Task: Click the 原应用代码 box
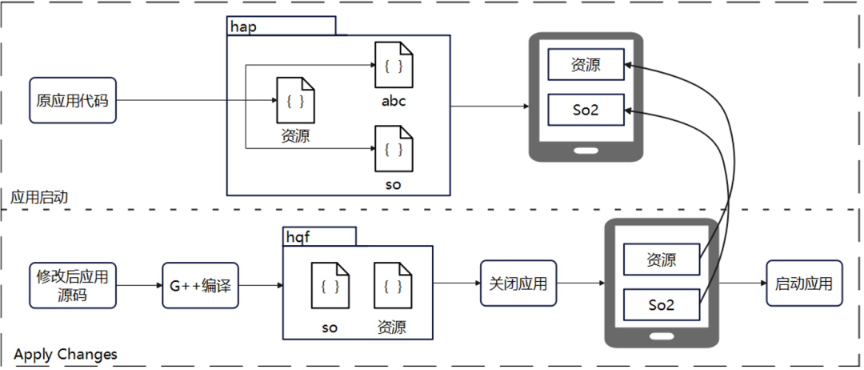(73, 100)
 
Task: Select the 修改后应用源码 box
(73, 285)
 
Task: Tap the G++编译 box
(200, 285)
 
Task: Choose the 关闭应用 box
(518, 284)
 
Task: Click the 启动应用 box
(804, 284)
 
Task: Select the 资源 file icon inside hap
(295, 101)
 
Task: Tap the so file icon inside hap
(394, 149)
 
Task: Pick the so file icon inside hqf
(330, 286)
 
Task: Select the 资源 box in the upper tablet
(586, 65)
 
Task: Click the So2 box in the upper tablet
(586, 109)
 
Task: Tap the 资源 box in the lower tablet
(662, 260)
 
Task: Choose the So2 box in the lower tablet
(662, 305)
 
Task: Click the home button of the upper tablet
(586, 149)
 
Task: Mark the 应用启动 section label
(40, 196)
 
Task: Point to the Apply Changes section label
(66, 354)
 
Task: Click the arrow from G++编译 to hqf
(260, 285)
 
